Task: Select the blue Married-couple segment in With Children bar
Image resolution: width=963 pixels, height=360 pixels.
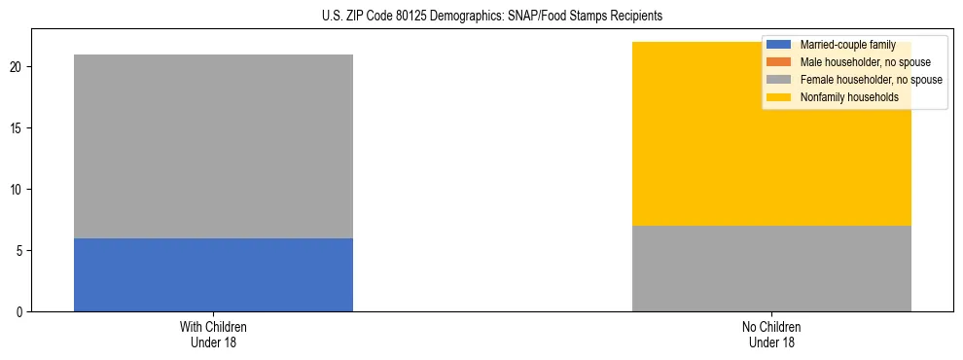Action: [x=213, y=274]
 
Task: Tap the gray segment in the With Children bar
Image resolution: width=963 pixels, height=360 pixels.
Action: [x=213, y=146]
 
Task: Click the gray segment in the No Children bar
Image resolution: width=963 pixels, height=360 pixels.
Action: [x=771, y=269]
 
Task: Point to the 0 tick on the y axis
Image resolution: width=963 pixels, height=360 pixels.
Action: [x=22, y=311]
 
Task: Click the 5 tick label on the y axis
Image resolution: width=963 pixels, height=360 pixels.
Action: [x=22, y=250]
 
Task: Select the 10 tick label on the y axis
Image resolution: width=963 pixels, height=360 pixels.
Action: [x=19, y=189]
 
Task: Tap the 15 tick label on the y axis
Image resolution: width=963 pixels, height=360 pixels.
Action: [x=19, y=127]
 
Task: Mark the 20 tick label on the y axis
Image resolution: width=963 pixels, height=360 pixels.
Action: [x=19, y=67]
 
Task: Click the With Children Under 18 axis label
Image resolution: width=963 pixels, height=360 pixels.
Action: [x=213, y=335]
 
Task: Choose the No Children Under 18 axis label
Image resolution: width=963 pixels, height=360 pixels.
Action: [x=771, y=335]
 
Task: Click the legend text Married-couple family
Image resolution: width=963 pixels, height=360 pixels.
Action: [x=847, y=45]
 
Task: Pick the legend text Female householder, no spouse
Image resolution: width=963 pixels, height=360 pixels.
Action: [x=871, y=80]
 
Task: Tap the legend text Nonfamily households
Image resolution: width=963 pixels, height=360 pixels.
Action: [x=849, y=97]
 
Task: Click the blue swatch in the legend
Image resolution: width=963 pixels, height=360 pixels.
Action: [x=779, y=45]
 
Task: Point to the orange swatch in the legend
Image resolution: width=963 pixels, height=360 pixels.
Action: [x=779, y=62]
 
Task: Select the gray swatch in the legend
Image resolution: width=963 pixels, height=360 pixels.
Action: [x=779, y=80]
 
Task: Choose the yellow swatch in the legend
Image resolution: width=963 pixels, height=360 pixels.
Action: [x=779, y=97]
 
